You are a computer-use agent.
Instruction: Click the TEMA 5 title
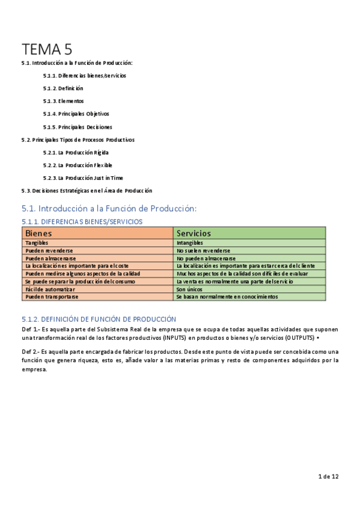pos(47,49)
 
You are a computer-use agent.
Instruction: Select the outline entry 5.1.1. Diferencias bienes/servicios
pos(84,76)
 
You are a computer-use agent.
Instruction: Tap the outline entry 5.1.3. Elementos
pos(63,101)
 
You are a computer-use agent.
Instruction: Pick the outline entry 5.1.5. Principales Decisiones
pos(77,127)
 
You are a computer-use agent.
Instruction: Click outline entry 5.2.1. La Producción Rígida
pos(75,152)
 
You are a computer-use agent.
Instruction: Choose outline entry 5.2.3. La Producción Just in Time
pos(82,178)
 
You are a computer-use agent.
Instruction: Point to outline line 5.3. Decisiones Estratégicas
pos(87,191)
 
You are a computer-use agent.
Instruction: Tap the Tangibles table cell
pos(37,243)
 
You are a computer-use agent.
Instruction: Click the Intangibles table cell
pos(190,243)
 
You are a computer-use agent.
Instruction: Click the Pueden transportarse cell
pos(52,297)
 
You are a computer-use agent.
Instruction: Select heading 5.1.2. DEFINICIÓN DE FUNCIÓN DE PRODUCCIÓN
pos(99,319)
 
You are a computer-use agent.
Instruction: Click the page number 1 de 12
pos(328,476)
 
